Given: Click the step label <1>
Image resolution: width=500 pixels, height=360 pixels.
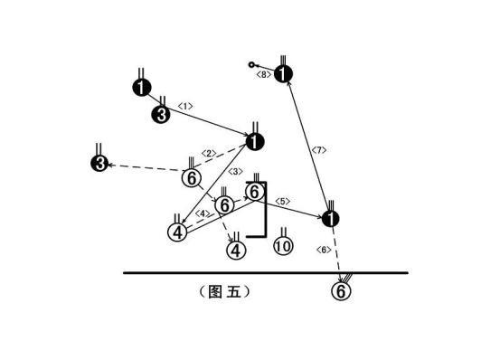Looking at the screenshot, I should [x=184, y=107].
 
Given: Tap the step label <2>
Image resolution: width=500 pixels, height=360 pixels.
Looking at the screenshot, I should [x=208, y=153].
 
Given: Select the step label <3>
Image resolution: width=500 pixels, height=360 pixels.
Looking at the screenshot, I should [x=234, y=172].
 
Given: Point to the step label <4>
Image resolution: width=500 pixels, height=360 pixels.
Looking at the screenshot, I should [x=203, y=213].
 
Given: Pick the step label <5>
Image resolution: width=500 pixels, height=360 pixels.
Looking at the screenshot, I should [x=282, y=201].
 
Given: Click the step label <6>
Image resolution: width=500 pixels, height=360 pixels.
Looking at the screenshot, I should [x=324, y=249].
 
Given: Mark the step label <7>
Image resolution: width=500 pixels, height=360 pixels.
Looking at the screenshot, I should [x=317, y=149].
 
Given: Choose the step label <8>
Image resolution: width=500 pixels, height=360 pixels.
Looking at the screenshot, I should [x=264, y=74].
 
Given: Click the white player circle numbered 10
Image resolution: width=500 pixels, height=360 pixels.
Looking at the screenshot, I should [x=282, y=245].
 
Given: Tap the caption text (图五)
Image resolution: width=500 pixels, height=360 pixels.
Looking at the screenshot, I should [x=222, y=292].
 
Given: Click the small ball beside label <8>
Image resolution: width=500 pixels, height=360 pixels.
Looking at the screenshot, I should [x=252, y=64].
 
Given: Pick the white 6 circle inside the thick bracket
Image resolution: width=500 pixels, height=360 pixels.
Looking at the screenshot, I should [x=256, y=192].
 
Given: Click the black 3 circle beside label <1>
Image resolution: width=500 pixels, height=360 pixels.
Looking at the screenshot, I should [x=161, y=114].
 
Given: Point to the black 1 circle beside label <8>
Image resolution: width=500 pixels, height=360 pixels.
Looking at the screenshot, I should [x=284, y=74].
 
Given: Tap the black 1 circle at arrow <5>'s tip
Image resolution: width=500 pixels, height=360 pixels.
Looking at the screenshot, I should [x=331, y=219].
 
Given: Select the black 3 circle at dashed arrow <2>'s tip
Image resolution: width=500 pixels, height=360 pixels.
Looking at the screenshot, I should [x=99, y=164].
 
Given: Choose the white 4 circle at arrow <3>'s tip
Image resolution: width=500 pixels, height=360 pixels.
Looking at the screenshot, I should [x=177, y=232].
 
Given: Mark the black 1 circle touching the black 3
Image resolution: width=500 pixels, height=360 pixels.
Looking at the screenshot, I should [x=141, y=88].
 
